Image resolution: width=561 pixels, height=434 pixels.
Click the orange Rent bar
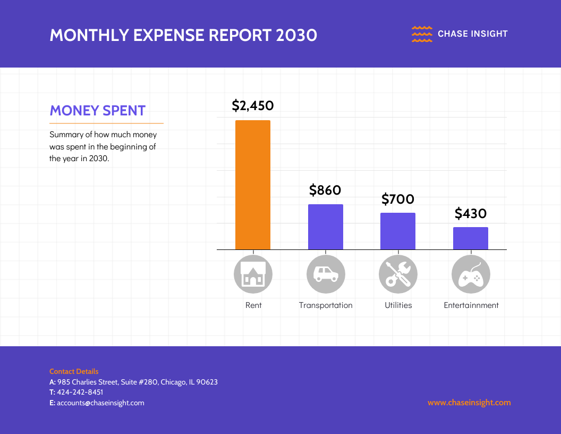(x=253, y=185)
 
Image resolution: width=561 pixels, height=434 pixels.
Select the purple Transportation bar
(x=326, y=227)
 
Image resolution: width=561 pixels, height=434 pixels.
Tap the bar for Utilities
(x=398, y=231)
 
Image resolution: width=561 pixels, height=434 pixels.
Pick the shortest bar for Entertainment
(x=471, y=238)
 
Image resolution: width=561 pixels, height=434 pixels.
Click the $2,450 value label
(x=253, y=105)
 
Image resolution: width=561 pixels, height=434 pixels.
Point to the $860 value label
(x=325, y=190)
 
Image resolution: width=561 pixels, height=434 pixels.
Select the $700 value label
(x=398, y=199)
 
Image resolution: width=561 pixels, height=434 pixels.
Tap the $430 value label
(x=471, y=213)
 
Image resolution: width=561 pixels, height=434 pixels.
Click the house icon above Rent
(x=253, y=274)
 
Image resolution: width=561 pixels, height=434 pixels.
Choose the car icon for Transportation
(x=326, y=274)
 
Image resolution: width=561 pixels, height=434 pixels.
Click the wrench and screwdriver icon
(x=398, y=274)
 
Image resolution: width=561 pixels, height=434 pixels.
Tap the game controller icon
(x=471, y=274)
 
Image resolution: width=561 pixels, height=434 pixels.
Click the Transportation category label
(x=326, y=305)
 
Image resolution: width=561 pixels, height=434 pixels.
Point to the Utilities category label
(x=398, y=305)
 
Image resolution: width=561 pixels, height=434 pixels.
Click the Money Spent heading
(x=98, y=111)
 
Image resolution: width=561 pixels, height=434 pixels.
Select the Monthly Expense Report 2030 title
(x=183, y=35)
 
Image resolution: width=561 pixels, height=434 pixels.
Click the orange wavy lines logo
(x=422, y=34)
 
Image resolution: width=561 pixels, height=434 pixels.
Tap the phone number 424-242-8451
(x=80, y=392)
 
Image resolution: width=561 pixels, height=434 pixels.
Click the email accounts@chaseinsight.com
(x=100, y=403)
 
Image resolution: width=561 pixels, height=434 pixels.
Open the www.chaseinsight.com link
(x=469, y=403)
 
